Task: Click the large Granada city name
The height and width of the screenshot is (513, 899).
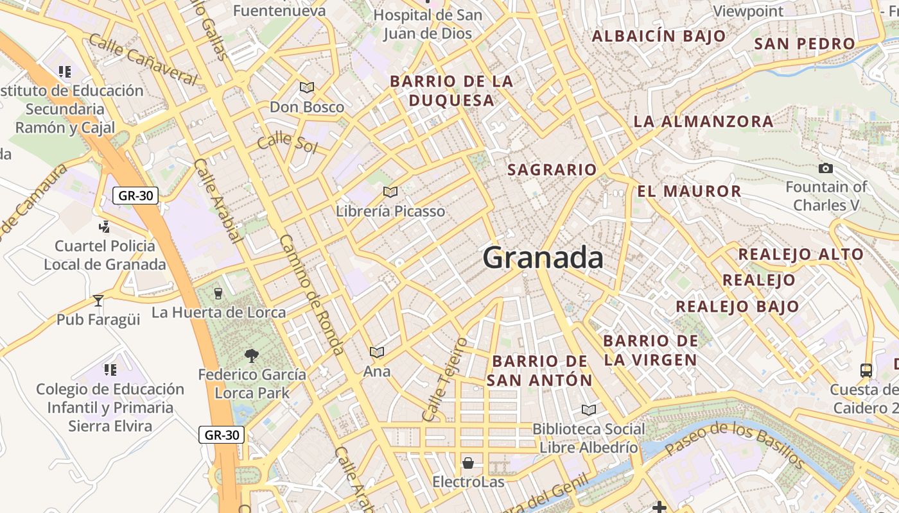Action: point(543,258)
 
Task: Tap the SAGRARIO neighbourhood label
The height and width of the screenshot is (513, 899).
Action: point(552,170)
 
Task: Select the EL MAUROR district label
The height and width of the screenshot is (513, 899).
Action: point(690,191)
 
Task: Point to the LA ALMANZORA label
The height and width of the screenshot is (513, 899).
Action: point(703,121)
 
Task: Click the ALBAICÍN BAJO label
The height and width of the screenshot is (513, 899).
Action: point(659,36)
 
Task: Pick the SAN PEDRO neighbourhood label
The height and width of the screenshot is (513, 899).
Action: point(805,44)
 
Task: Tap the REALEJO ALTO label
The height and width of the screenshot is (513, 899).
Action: point(801,254)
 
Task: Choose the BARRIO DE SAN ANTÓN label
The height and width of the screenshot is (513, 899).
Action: point(540,371)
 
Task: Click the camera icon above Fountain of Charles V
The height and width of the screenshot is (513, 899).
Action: point(826,169)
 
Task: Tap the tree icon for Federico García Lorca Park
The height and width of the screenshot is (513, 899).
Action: point(252,355)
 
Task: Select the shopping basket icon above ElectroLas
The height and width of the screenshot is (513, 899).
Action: point(468,463)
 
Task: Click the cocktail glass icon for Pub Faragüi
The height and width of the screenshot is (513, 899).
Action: point(98,300)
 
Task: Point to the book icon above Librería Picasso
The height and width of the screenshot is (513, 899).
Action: point(390,192)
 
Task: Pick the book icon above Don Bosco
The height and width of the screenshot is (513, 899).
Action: point(307,87)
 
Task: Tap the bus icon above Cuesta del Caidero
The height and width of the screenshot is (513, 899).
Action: point(866,370)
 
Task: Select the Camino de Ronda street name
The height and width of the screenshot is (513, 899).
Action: point(311,294)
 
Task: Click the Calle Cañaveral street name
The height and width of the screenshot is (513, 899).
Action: point(143,59)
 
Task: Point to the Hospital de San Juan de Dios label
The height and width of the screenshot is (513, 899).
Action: point(428,24)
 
